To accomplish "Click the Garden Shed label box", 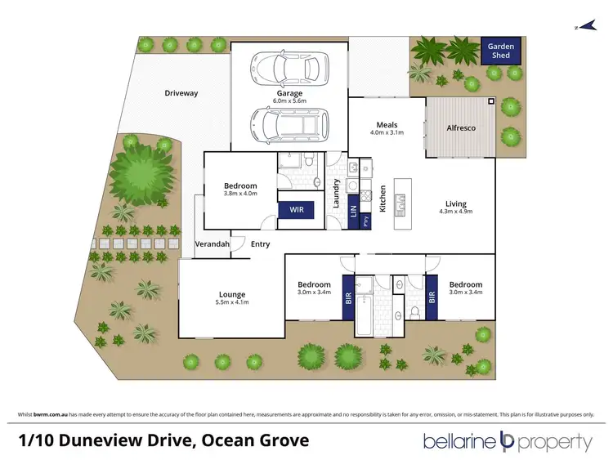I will (501, 51).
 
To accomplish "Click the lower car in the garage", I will (289, 125).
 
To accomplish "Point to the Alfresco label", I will (461, 128).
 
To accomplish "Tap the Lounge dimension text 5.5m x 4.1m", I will (232, 303).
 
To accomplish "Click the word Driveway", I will (181, 93).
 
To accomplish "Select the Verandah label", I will (212, 244).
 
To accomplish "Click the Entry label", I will (261, 244).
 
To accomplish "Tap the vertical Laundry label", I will (335, 194).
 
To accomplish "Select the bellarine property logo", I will (507, 442).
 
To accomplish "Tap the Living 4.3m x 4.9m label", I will (455, 208).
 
